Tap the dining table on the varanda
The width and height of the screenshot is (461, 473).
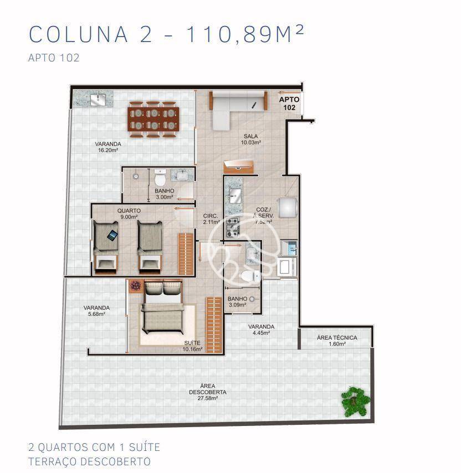(x=154, y=118)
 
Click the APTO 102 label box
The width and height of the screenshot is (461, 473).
(x=289, y=103)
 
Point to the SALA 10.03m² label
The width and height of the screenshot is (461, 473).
(x=251, y=139)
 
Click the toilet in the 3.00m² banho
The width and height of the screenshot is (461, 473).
(x=160, y=179)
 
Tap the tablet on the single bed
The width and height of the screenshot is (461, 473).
(x=112, y=235)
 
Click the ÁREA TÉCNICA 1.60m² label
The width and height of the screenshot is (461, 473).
(x=337, y=340)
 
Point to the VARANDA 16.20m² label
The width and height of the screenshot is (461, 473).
(x=107, y=147)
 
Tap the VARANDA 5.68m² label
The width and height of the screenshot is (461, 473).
(x=96, y=310)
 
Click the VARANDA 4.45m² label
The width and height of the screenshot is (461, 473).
(x=261, y=329)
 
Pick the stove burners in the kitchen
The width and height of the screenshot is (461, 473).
(x=232, y=225)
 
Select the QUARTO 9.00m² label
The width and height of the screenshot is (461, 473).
(x=129, y=214)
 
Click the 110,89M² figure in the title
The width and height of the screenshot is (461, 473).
(x=244, y=34)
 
